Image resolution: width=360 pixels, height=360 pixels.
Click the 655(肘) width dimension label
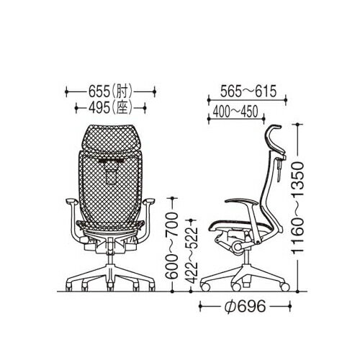point(110,92)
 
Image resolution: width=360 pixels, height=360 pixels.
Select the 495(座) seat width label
point(110,108)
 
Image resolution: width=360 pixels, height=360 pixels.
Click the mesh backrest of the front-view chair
point(110,194)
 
